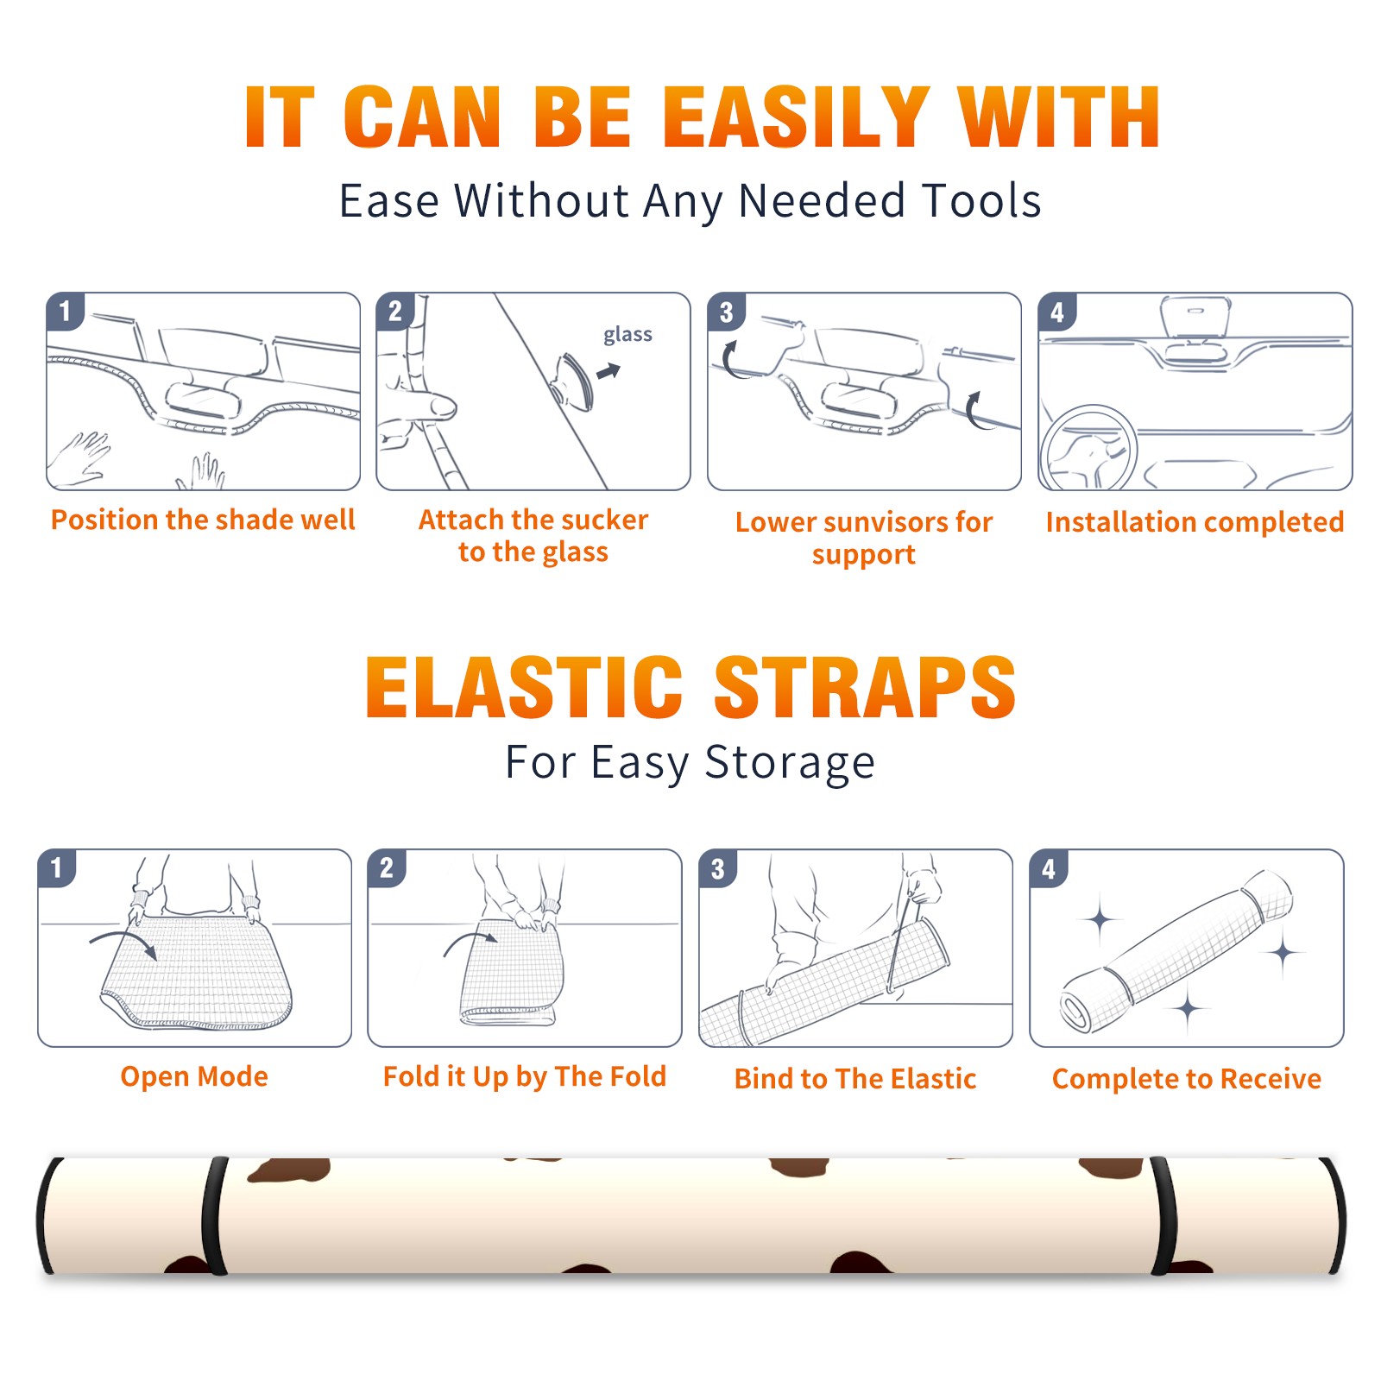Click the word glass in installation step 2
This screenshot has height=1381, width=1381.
click(x=627, y=335)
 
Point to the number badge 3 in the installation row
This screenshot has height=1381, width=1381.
click(x=726, y=312)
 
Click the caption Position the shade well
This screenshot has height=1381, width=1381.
click(x=203, y=520)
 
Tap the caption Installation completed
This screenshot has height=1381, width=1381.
click(x=1195, y=521)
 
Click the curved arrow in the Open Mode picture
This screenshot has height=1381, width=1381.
click(x=123, y=943)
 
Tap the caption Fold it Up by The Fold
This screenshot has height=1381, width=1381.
click(x=525, y=1076)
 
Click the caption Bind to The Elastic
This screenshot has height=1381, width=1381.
click(x=855, y=1078)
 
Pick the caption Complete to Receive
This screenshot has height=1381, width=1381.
click(x=1187, y=1079)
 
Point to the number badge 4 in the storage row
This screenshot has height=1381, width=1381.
click(x=1049, y=868)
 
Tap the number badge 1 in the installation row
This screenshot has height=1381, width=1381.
click(x=65, y=311)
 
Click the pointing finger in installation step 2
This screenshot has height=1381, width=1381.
click(x=423, y=405)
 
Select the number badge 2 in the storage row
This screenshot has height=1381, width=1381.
click(x=387, y=868)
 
